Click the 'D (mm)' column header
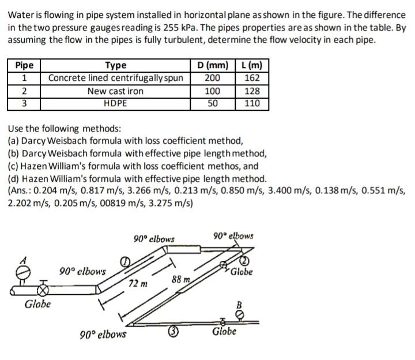(x=213, y=65)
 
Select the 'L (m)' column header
(x=251, y=65)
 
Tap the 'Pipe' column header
(x=24, y=65)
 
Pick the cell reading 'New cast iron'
(x=115, y=91)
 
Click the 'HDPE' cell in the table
(x=115, y=104)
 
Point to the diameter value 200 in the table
(x=213, y=78)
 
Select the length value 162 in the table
(x=252, y=78)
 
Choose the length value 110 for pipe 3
(x=252, y=104)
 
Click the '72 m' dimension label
(x=138, y=284)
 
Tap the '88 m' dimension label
(x=181, y=280)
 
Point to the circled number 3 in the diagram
(x=172, y=331)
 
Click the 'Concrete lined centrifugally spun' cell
(x=115, y=78)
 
